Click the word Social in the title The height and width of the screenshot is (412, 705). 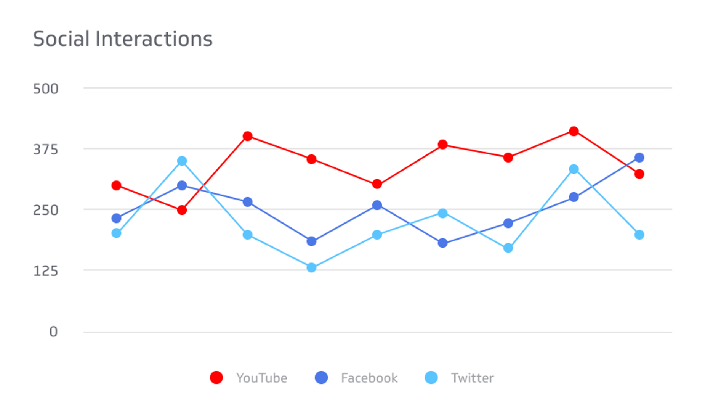pos(61,39)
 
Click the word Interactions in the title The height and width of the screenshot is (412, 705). pos(154,39)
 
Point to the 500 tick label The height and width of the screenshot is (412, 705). pos(46,89)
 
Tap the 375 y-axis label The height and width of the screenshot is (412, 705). pos(46,150)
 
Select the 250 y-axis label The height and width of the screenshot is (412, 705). pos(46,210)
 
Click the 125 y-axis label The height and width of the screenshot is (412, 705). pos(46,271)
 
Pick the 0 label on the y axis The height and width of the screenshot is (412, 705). pos(53,332)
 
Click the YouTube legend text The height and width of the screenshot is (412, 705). pos(261,378)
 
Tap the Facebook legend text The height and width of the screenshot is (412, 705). pos(369,378)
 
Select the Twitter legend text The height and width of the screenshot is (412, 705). pos(472,378)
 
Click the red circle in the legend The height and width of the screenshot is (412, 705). pos(216,378)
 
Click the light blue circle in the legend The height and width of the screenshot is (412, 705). pos(431,378)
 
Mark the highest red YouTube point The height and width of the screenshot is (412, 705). pos(574,131)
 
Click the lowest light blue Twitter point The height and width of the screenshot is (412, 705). pos(311,267)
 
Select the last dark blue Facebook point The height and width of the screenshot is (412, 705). pos(639,158)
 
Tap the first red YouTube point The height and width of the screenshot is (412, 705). pos(117,186)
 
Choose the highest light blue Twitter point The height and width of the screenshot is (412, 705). pos(182,161)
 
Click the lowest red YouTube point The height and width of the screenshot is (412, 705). pos(182,210)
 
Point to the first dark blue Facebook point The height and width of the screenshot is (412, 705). pos(117,219)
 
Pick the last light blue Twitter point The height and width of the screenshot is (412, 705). pos(639,235)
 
